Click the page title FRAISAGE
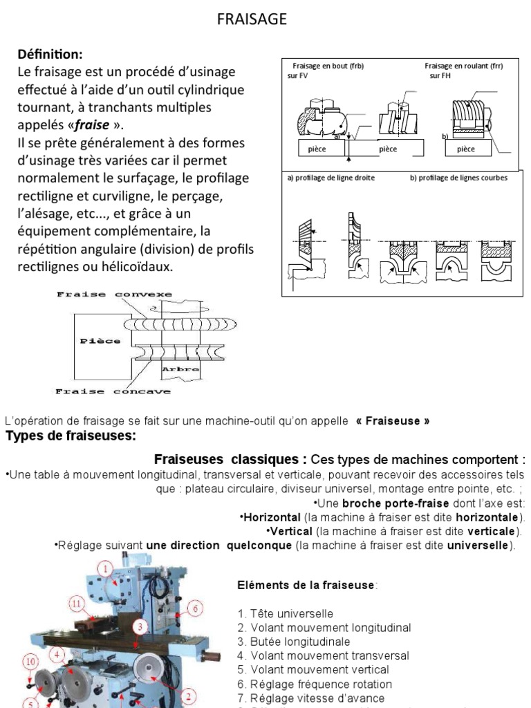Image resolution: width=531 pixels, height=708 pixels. pos(252,19)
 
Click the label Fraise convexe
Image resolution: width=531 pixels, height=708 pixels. pos(114,295)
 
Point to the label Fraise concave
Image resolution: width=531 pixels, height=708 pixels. pos(113,391)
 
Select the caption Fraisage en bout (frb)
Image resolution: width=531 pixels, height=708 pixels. pos(328,66)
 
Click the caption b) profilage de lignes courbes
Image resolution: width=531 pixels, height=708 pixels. pos(458,178)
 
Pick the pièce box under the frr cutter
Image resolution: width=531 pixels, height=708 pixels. pos(466,149)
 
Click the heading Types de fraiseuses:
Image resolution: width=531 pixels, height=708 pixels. pos(71,436)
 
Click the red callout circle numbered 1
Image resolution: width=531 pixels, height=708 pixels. pos(105,568)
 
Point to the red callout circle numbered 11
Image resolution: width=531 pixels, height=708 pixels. pos(78,603)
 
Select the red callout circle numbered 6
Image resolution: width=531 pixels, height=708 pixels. pos(196,608)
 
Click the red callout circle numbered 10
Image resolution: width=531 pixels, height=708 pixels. pos(30,662)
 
